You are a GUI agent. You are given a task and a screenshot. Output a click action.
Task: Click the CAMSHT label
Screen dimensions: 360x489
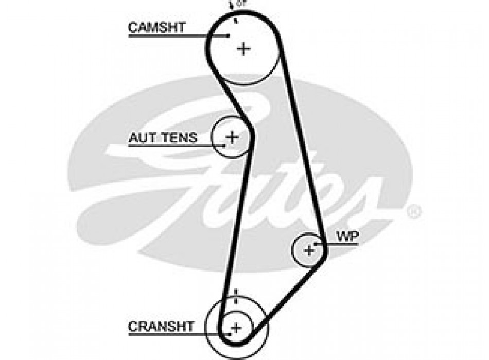coord(156,27)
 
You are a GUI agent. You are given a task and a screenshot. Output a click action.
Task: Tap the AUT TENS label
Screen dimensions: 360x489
coord(163,137)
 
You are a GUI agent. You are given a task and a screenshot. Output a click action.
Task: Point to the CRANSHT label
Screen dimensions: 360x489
coord(161,326)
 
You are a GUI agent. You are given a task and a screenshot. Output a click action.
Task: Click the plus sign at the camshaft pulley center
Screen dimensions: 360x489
coord(243,49)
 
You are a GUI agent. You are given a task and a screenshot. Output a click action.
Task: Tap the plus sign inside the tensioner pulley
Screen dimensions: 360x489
coord(233,137)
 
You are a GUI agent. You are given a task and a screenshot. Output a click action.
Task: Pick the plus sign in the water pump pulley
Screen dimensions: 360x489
coord(309,250)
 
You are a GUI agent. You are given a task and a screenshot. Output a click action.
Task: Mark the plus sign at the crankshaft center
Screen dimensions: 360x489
coord(236,327)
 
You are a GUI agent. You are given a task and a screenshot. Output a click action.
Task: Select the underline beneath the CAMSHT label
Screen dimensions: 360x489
coord(170,35)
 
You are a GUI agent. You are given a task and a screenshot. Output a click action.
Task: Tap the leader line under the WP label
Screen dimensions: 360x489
coord(340,244)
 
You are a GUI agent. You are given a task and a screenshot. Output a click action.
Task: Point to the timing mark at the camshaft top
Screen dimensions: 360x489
coord(235,21)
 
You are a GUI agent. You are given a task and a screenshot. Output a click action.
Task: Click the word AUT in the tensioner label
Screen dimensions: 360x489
coord(140,137)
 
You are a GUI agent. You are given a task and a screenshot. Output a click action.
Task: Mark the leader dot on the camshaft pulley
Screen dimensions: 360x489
coord(228,35)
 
